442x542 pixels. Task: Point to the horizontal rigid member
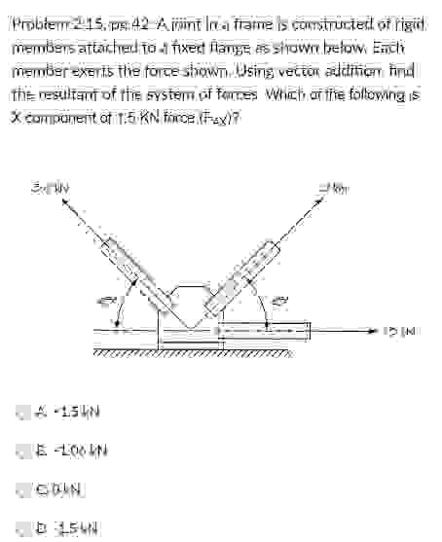(263, 332)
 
